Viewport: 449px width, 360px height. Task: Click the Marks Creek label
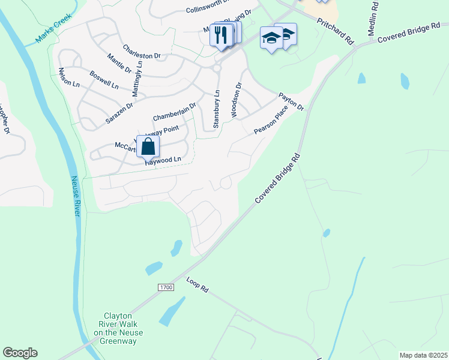[x=53, y=28]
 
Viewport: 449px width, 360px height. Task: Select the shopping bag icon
[x=148, y=146]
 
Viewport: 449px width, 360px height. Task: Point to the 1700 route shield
[x=166, y=288]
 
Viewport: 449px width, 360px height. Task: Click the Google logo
[x=20, y=353]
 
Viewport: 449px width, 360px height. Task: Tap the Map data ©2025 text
[x=423, y=355]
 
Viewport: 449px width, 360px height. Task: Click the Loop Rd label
[x=197, y=285]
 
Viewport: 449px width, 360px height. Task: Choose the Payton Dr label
[x=291, y=101]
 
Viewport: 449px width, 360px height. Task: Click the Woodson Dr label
[x=236, y=100]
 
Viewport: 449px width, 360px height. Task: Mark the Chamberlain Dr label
[x=175, y=112]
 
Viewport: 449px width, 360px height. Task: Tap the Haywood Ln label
[x=163, y=160]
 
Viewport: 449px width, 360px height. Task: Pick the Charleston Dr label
[x=142, y=52]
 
